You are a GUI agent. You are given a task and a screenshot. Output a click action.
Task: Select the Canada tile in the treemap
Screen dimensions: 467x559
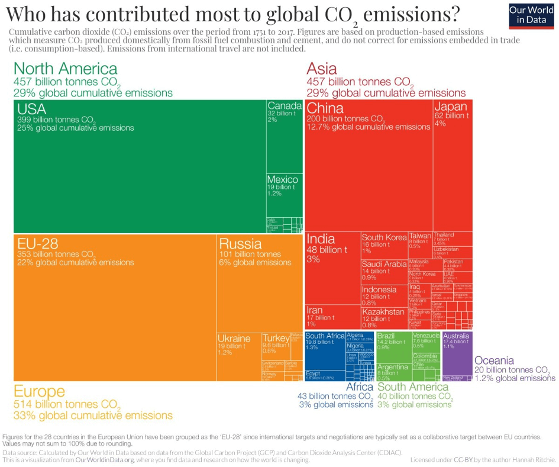(x=285, y=136)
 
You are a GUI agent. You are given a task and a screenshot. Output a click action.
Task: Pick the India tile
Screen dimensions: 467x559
(x=333, y=266)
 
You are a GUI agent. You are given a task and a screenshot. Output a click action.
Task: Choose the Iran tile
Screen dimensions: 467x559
(x=332, y=317)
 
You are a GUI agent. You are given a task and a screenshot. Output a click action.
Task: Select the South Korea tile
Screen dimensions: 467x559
(x=384, y=245)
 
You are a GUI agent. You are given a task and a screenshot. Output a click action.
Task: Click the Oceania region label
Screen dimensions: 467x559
(x=494, y=360)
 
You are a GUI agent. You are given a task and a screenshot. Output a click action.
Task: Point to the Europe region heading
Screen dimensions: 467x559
(x=39, y=392)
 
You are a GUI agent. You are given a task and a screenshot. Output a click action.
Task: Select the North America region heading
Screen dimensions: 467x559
(x=65, y=69)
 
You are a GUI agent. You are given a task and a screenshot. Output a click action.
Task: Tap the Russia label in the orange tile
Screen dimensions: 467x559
(x=240, y=243)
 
